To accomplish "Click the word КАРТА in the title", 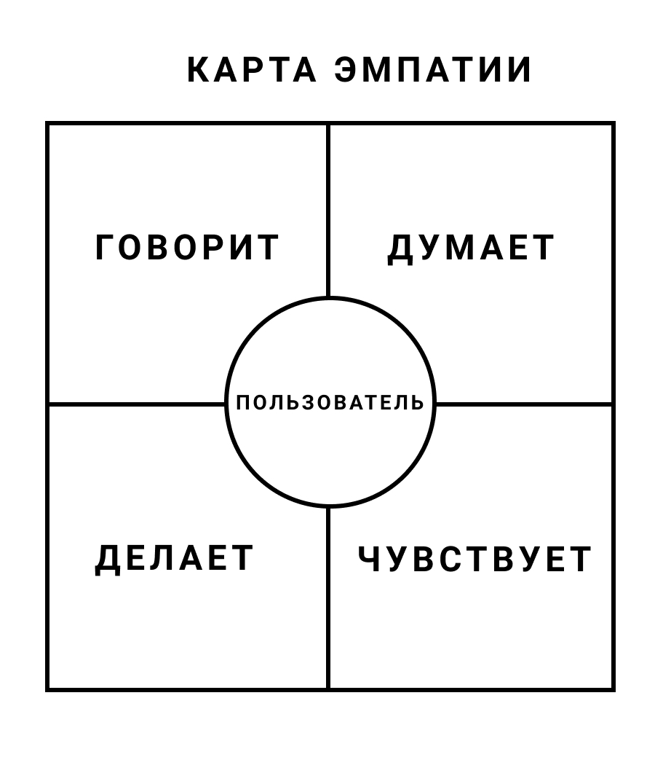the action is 252,70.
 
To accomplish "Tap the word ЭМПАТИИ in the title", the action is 433,70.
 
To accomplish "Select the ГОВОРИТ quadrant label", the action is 187,247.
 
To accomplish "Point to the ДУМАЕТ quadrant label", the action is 471,248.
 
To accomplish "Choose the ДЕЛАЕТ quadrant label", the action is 174,559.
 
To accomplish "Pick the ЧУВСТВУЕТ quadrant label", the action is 475,559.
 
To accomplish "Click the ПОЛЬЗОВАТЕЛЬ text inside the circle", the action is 330,402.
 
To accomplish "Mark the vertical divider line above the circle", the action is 328,211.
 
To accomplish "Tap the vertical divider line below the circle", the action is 328,598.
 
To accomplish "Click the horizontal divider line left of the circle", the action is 136,404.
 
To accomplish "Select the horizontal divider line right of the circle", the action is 524,404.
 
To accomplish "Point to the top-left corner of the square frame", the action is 47,123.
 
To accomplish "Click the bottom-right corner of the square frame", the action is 613,690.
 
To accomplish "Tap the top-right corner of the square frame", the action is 613,123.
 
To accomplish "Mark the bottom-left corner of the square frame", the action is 47,690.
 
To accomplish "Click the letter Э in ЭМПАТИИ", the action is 347,70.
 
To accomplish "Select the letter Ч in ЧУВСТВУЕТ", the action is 369,559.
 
